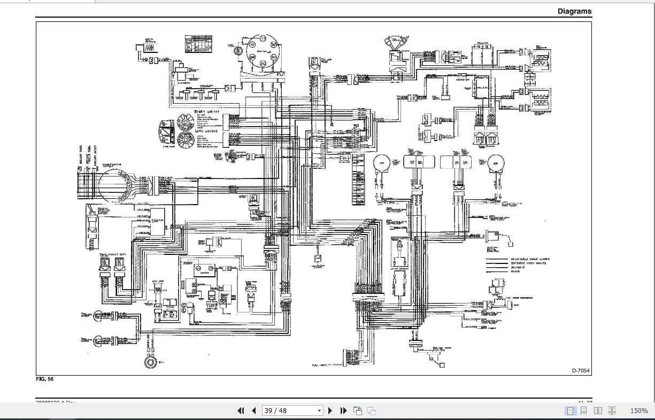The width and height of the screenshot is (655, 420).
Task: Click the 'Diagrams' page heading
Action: click(x=574, y=11)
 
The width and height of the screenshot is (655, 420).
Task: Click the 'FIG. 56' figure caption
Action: click(x=45, y=379)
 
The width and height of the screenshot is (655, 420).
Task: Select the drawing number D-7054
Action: click(x=580, y=370)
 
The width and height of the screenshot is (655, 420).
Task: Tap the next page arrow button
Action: click(x=330, y=410)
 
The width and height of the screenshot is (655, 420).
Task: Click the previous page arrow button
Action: click(x=253, y=410)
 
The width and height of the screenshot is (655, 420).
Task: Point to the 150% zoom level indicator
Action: click(x=638, y=410)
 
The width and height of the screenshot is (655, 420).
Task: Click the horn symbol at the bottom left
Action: click(x=150, y=362)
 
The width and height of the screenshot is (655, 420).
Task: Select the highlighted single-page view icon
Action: click(x=571, y=410)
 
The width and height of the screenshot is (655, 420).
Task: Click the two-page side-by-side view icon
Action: click(x=598, y=410)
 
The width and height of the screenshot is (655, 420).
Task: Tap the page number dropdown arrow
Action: click(x=320, y=411)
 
